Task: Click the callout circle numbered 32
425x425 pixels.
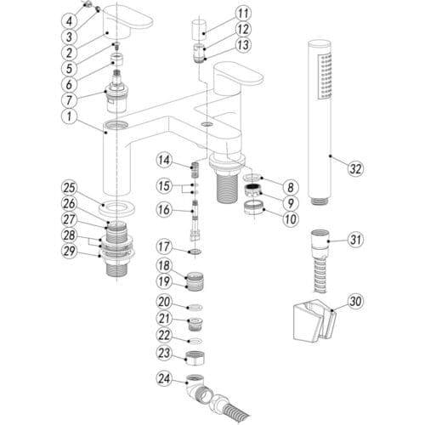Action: tap(355, 168)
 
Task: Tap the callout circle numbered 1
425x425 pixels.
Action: tap(69, 116)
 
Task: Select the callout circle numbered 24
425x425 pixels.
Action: tap(164, 378)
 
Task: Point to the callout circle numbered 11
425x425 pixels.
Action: tap(243, 14)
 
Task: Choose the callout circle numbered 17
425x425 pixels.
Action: tap(164, 246)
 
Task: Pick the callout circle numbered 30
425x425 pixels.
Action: tap(355, 301)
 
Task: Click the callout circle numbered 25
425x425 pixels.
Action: tap(70, 188)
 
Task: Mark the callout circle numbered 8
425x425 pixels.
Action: tap(291, 187)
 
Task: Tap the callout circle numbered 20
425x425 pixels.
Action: tap(164, 302)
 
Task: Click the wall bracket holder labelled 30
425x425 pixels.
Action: tap(314, 320)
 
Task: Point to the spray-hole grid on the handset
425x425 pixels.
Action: tap(325, 76)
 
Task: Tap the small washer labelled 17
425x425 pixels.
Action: tap(195, 252)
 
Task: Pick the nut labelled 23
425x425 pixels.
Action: tap(195, 358)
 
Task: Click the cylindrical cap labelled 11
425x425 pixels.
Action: tap(197, 30)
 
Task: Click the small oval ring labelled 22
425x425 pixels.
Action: tap(195, 340)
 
